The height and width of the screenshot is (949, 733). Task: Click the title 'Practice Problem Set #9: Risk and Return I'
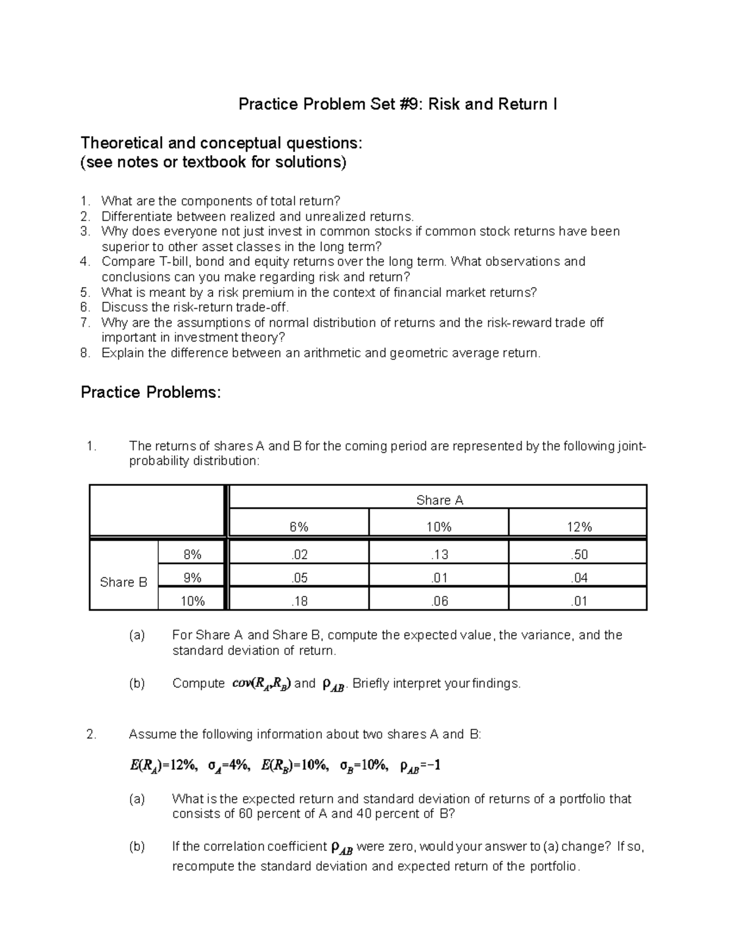pos(397,104)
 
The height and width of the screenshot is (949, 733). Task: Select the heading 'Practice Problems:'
pos(150,392)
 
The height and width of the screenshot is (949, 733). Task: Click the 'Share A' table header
pos(439,500)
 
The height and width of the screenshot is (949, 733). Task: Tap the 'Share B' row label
pos(123,582)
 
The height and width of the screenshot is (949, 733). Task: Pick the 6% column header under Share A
pos(299,527)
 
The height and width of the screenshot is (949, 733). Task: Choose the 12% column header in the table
pos(578,527)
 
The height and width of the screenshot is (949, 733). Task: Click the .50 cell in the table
pos(578,555)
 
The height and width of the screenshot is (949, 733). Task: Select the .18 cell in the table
pos(299,601)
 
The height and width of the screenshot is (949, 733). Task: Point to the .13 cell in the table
pos(439,555)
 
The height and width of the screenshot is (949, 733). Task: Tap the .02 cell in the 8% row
pos(299,555)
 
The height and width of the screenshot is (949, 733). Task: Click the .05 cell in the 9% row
pos(299,578)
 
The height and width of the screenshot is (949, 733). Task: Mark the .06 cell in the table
pos(439,601)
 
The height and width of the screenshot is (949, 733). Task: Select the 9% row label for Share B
pos(192,578)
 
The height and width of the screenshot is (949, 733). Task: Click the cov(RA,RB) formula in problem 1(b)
pos(261,684)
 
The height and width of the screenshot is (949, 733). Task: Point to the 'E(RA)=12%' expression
pos(163,766)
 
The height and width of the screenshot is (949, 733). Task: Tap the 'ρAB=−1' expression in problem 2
pos(420,766)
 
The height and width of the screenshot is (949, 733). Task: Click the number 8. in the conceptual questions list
pos(86,353)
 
